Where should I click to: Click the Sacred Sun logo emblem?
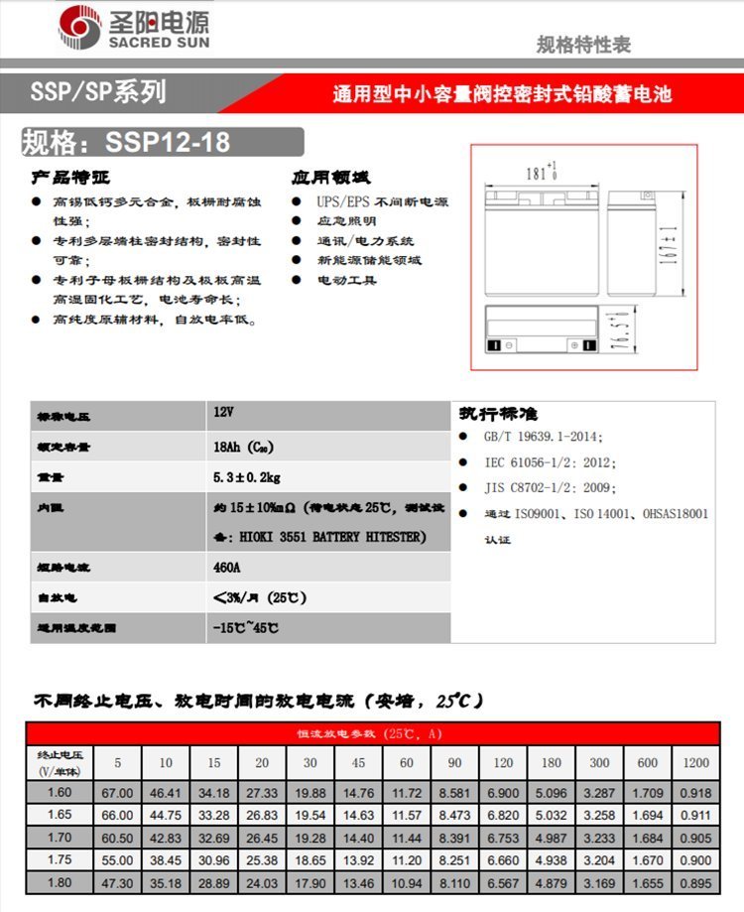pyautogui.click(x=78, y=28)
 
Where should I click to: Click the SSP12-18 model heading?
pyautogui.click(x=126, y=142)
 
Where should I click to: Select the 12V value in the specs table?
pyautogui.click(x=223, y=410)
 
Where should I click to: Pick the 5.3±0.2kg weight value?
pyautogui.click(x=246, y=476)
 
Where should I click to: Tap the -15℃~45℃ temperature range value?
pyautogui.click(x=245, y=628)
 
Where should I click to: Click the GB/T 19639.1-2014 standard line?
pyautogui.click(x=543, y=437)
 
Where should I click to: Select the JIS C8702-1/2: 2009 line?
pyautogui.click(x=550, y=488)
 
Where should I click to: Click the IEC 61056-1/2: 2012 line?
pyautogui.click(x=550, y=462)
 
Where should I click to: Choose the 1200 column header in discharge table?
pyautogui.click(x=695, y=763)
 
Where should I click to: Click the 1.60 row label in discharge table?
pyautogui.click(x=59, y=793)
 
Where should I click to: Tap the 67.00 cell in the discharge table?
pyautogui.click(x=117, y=793)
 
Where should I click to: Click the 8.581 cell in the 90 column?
pyautogui.click(x=454, y=793)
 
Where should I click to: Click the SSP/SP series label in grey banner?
pyautogui.click(x=98, y=93)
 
